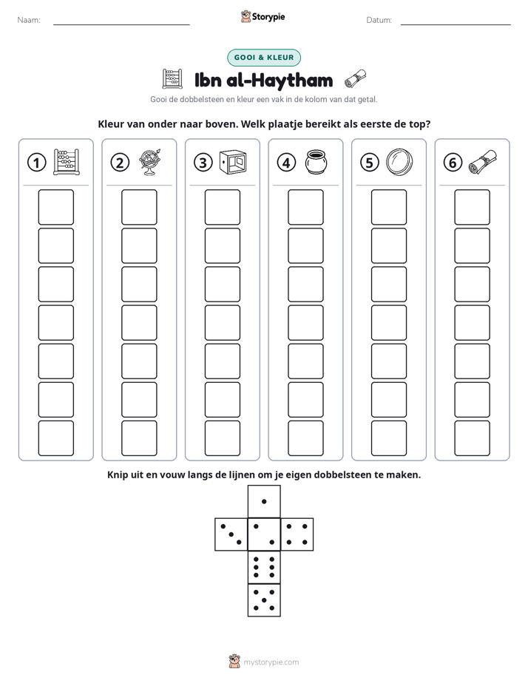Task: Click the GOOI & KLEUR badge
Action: [x=264, y=58]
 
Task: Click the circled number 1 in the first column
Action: [x=36, y=163]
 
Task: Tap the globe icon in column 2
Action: [x=149, y=162]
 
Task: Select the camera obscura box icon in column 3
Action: [x=233, y=163]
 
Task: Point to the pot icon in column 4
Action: [x=316, y=162]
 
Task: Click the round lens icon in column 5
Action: [x=399, y=162]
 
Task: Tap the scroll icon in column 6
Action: [x=482, y=162]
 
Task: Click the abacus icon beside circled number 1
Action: [x=67, y=162]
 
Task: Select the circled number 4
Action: [x=286, y=163]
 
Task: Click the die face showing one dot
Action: [x=264, y=501]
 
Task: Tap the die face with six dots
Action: [x=264, y=567]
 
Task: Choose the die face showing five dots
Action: [x=264, y=599]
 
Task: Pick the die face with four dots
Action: [x=297, y=534]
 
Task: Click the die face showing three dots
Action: [x=231, y=534]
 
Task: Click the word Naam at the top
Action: [x=29, y=20]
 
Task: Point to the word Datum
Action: [x=379, y=20]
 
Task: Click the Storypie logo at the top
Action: [x=263, y=16]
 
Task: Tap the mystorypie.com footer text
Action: [x=271, y=662]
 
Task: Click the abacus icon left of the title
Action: [x=172, y=79]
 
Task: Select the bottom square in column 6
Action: [x=473, y=438]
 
